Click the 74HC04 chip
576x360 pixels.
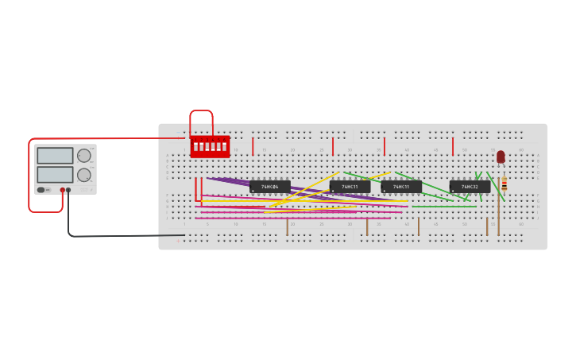pyautogui.click(x=270, y=187)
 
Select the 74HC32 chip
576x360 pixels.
pyautogui.click(x=470, y=187)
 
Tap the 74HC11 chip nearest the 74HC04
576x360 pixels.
pyautogui.click(x=350, y=187)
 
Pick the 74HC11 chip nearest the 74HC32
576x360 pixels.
pyautogui.click(x=401, y=187)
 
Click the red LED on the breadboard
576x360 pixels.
pyautogui.click(x=501, y=157)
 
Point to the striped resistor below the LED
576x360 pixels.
pyautogui.click(x=504, y=184)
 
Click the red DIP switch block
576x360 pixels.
pyautogui.click(x=210, y=146)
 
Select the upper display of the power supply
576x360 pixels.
pyautogui.click(x=55, y=156)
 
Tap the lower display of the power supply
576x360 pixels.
pyautogui.click(x=55, y=174)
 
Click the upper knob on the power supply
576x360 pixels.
pyautogui.click(x=84, y=156)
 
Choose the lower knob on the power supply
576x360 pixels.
pyautogui.click(x=84, y=175)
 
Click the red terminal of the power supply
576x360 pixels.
pyautogui.click(x=63, y=190)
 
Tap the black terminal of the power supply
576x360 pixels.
pyautogui.click(x=68, y=190)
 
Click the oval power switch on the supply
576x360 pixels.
pyautogui.click(x=41, y=190)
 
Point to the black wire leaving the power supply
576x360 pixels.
pyautogui.click(x=119, y=236)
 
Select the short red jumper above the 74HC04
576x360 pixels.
pyautogui.click(x=253, y=146)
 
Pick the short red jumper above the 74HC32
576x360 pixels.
pyautogui.click(x=453, y=146)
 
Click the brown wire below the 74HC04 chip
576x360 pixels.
pyautogui.click(x=287, y=226)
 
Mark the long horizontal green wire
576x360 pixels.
pyautogui.click(x=443, y=207)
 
